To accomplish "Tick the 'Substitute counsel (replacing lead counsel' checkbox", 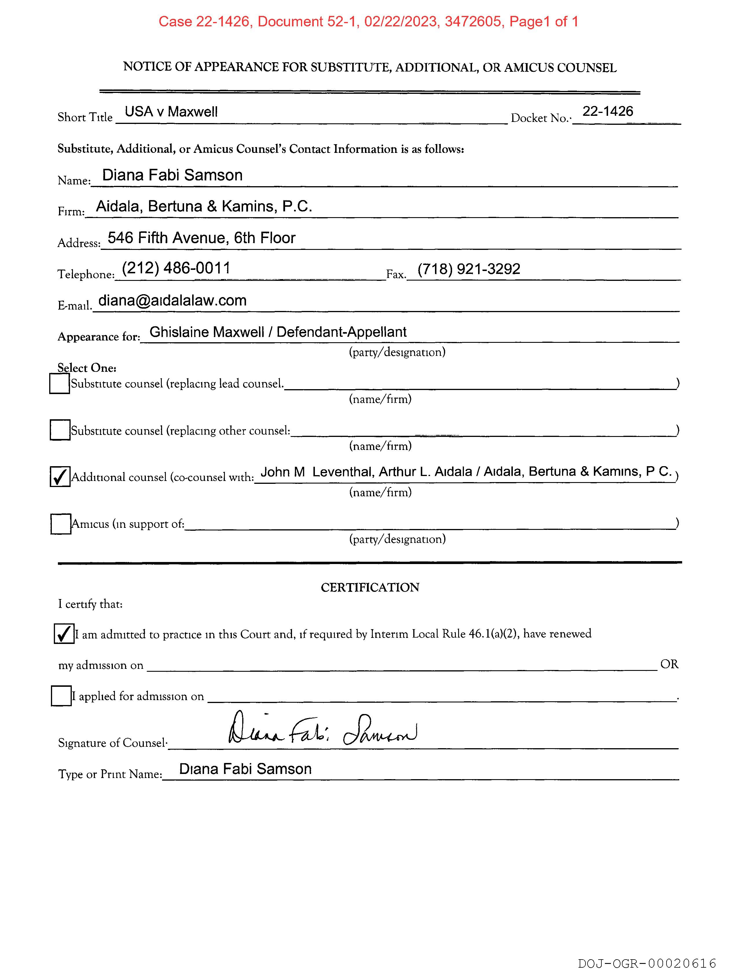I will point(59,384).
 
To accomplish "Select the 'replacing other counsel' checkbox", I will point(60,430).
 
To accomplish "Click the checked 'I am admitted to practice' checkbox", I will point(64,633).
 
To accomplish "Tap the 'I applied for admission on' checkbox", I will point(61,695).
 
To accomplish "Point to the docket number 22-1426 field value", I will point(607,111).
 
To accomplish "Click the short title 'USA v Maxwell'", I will point(171,111).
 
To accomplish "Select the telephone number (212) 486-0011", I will point(176,268).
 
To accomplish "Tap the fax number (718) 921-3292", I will point(469,268).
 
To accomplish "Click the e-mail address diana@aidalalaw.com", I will point(172,300).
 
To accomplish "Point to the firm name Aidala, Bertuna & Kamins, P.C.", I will point(204,206).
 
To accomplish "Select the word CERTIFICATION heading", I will point(370,587).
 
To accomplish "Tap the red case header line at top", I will point(368,21).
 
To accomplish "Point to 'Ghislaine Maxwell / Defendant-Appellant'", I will point(278,332).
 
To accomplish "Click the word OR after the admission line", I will point(669,664).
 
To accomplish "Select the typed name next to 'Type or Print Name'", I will point(245,768).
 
